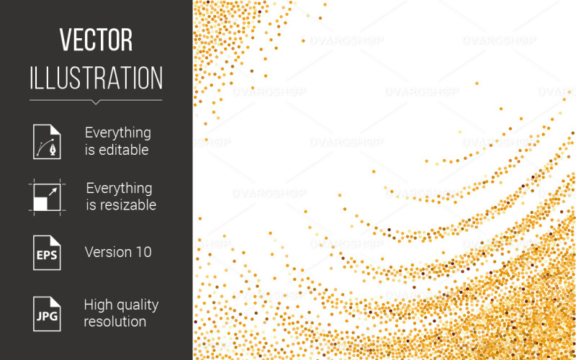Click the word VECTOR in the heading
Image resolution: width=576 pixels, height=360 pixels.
pos(96,40)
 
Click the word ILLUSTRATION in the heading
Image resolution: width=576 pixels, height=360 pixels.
pos(96,78)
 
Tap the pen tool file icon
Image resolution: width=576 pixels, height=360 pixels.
pos(47,141)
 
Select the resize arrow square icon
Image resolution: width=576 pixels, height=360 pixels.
pos(47,196)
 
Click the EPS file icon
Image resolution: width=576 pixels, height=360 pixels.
pos(47,252)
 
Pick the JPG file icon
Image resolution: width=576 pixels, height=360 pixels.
pos(47,313)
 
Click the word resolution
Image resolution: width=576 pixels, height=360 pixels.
pos(114,322)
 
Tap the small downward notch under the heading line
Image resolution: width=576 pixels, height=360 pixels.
pos(96,102)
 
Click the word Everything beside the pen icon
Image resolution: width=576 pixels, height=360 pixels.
pos(118,132)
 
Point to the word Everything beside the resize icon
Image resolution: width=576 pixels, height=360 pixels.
pos(119,188)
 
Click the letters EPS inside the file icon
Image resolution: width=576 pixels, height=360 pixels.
pos(46,256)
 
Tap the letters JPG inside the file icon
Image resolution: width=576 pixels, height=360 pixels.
pos(46,318)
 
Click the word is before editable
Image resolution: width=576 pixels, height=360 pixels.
pos(89,150)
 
